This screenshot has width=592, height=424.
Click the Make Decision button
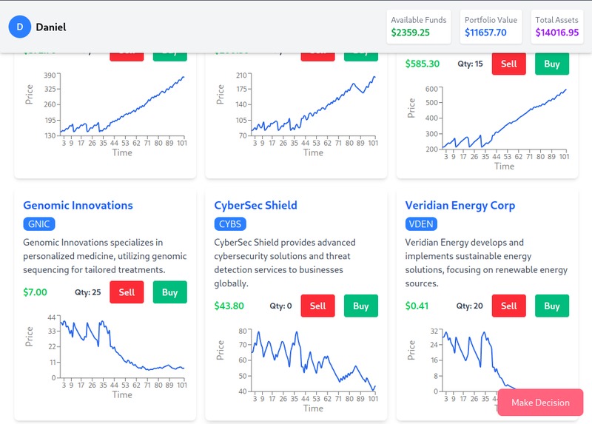pos(540,403)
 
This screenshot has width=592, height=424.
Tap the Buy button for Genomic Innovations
pos(169,292)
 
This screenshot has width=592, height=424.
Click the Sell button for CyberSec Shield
pos(317,306)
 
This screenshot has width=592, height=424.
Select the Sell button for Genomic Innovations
pos(127,292)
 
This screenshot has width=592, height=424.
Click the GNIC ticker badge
pos(39,224)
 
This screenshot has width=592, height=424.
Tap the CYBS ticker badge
pos(230,224)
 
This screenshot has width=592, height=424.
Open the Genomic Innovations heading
pos(78,205)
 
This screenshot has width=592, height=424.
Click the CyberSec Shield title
pos(255,205)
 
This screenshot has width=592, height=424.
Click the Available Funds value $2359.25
pos(411,33)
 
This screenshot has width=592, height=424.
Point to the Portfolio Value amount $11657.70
pos(485,33)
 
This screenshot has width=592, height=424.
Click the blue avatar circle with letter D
pos(19,27)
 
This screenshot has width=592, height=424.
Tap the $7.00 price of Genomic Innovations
pos(35,292)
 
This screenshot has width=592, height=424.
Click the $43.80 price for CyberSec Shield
pos(229,306)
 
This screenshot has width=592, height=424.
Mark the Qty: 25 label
pos(88,292)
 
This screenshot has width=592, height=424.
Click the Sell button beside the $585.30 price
pos(508,64)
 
